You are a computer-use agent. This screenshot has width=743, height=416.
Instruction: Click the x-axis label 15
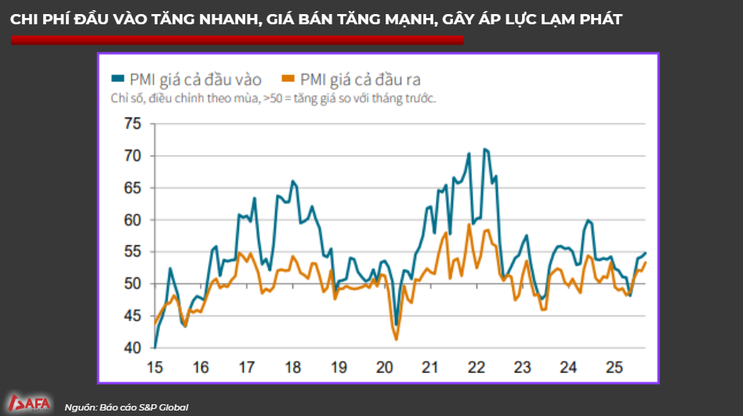coord(155,367)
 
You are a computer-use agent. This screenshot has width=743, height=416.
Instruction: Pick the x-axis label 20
coord(384,367)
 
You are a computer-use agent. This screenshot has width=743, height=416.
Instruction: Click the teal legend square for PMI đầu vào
coord(118,78)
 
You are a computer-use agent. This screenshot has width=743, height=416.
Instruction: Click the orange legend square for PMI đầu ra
coord(288,78)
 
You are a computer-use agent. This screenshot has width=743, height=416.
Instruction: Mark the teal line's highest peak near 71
coord(485,149)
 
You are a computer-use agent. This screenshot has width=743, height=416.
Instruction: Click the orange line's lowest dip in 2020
coord(397,339)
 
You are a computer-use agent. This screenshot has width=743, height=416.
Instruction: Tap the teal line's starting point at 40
coord(155,346)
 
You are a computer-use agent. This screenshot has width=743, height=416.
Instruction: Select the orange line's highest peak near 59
coord(469,224)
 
